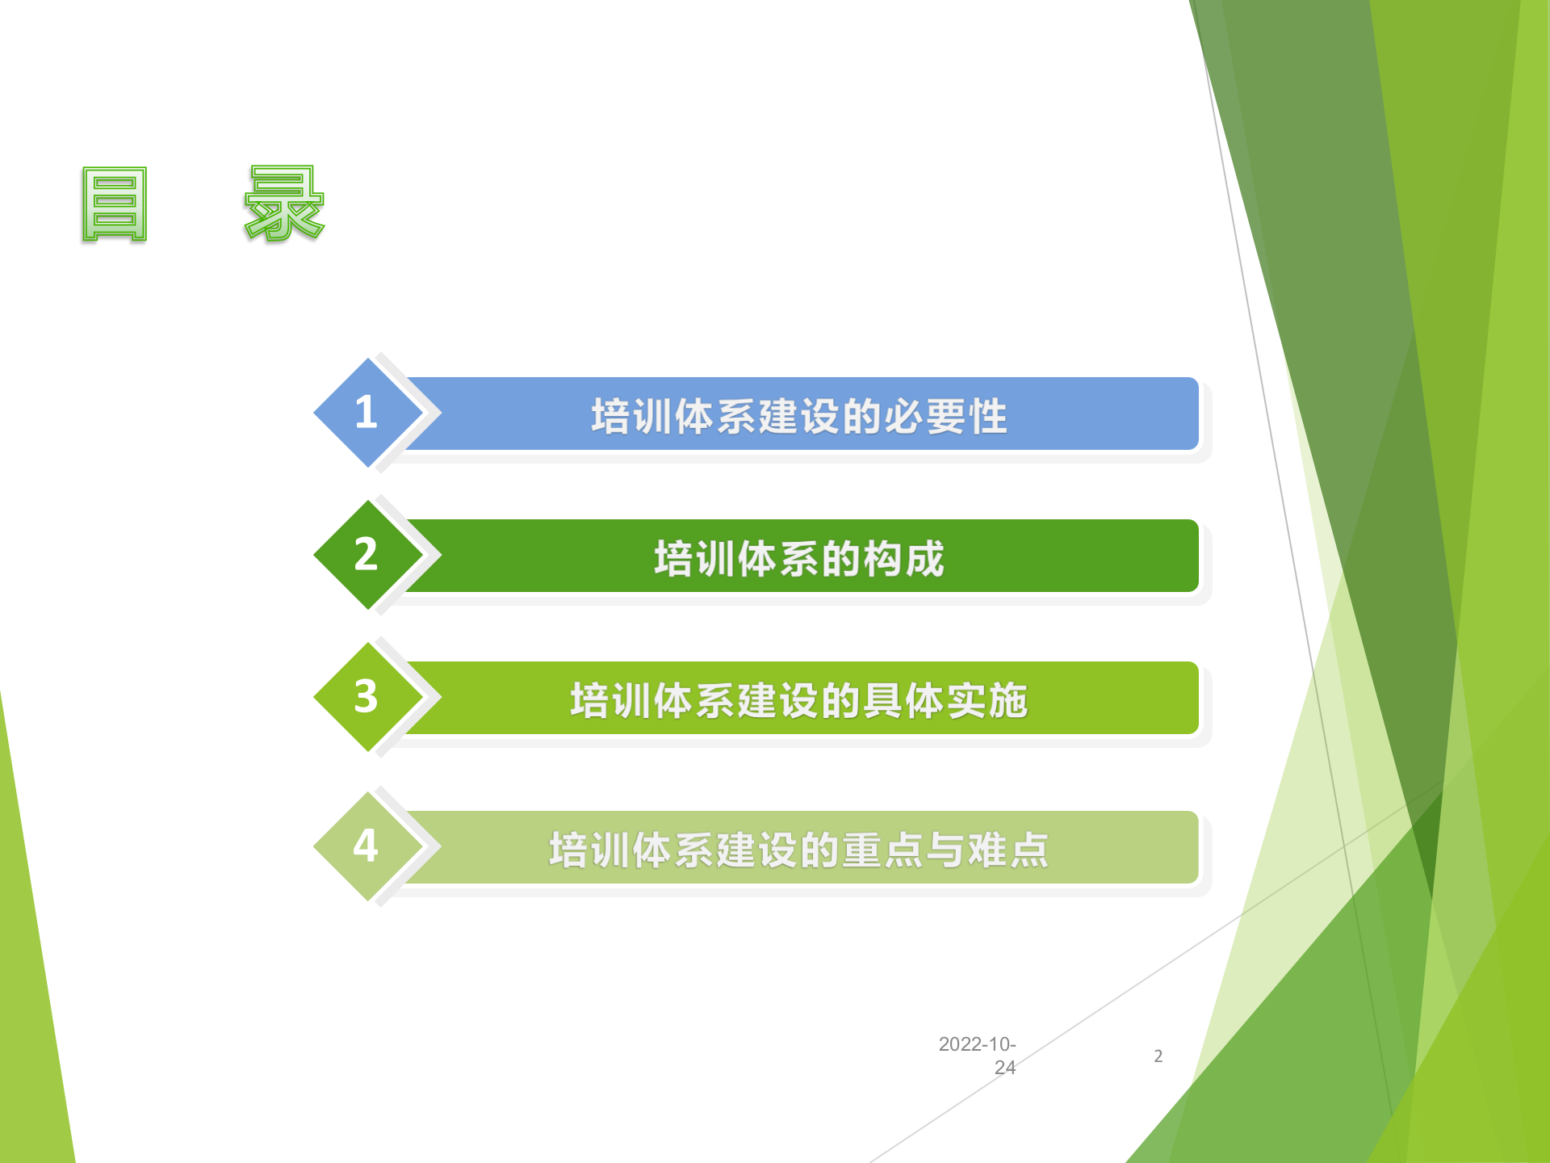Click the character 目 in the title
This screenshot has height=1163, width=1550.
click(x=115, y=204)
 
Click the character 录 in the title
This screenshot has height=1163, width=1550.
click(x=284, y=204)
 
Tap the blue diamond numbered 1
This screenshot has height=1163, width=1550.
click(x=367, y=413)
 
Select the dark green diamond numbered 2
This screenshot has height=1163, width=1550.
click(x=367, y=555)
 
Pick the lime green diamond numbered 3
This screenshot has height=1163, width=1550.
click(x=367, y=697)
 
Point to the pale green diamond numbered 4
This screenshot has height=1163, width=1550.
click(x=367, y=846)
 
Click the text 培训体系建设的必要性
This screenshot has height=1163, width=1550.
click(x=798, y=417)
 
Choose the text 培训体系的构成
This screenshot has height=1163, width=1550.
click(x=798, y=559)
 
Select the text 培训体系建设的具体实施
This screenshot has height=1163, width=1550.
click(x=798, y=701)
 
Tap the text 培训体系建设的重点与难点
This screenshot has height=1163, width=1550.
click(x=798, y=850)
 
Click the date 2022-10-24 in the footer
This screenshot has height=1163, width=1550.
click(x=978, y=1056)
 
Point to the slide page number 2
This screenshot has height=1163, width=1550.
click(x=1158, y=1056)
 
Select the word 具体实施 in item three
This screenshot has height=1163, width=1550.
click(x=945, y=701)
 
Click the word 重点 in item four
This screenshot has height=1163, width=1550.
click(x=882, y=850)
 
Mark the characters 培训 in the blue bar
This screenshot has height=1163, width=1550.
click(x=632, y=417)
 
